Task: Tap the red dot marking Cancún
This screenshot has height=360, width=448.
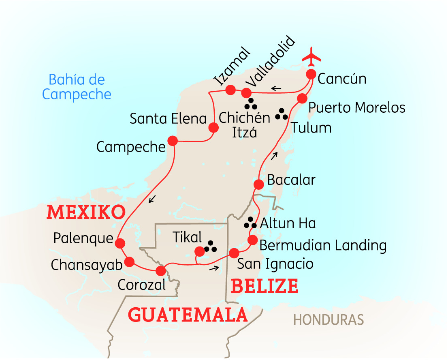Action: pyautogui.click(x=311, y=74)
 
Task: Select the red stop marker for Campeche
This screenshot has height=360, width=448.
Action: pyautogui.click(x=173, y=141)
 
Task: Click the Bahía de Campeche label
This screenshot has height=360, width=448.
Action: pyautogui.click(x=77, y=87)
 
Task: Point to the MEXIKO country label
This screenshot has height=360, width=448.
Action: pyautogui.click(x=85, y=212)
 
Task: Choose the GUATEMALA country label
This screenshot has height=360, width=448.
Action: pyautogui.click(x=188, y=315)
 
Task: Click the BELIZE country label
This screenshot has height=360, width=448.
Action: pyautogui.click(x=265, y=286)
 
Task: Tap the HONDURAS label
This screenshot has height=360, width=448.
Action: pyautogui.click(x=329, y=320)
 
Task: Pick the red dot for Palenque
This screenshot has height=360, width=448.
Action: pyautogui.click(x=119, y=243)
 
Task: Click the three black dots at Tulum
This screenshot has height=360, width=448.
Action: pyautogui.click(x=281, y=114)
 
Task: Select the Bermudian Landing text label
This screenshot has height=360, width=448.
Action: pyautogui.click(x=323, y=245)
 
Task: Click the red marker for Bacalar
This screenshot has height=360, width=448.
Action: pyautogui.click(x=258, y=184)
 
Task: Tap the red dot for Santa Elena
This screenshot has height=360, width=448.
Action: pyautogui.click(x=213, y=128)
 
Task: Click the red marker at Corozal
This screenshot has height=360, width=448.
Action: pyautogui.click(x=161, y=270)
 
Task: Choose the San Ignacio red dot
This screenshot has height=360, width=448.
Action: pyautogui.click(x=234, y=253)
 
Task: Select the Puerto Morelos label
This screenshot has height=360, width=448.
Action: pyautogui.click(x=357, y=107)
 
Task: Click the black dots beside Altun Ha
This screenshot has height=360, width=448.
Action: pyautogui.click(x=250, y=223)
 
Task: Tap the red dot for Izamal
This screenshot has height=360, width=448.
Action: pyautogui.click(x=230, y=90)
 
